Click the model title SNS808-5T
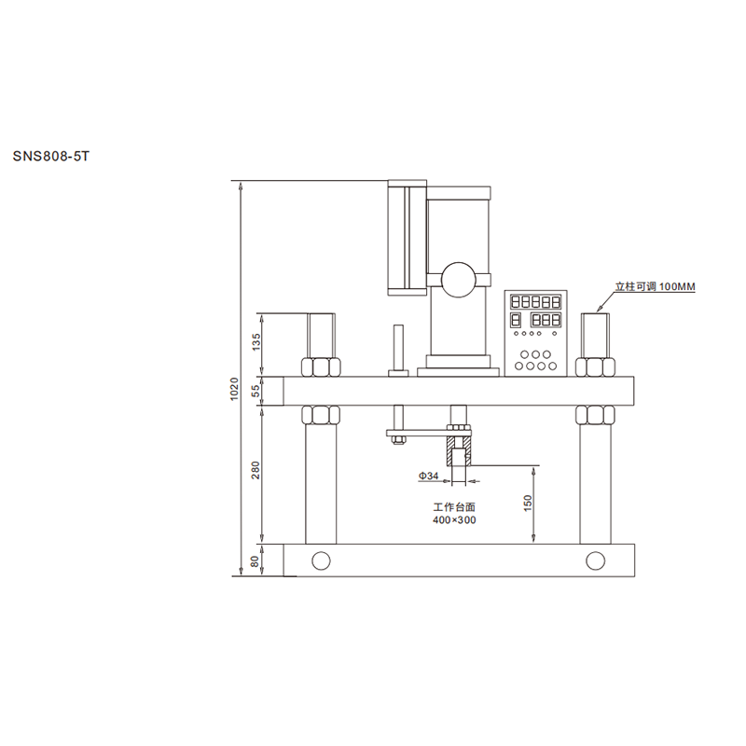click(x=51, y=157)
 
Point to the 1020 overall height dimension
click(x=234, y=389)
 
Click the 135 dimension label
click(x=256, y=342)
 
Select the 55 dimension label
click(x=256, y=391)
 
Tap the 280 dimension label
click(x=256, y=470)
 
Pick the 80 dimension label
click(x=255, y=561)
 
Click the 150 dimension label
click(x=528, y=504)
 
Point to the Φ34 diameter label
click(x=429, y=476)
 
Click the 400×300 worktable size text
click(x=454, y=520)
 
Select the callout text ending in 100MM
click(x=656, y=286)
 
